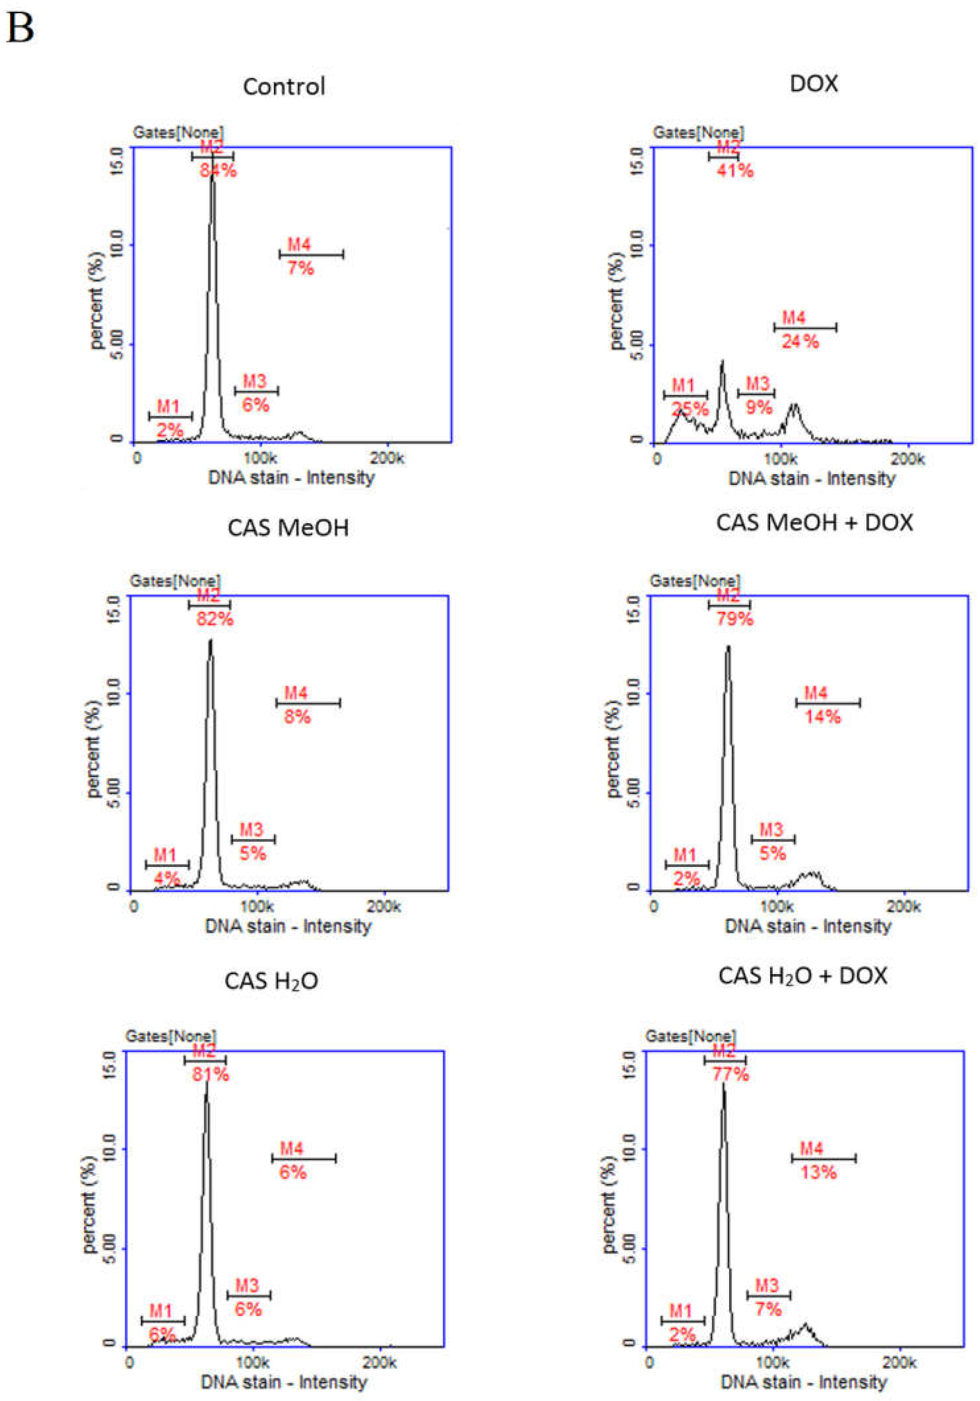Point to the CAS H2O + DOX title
tap(802, 976)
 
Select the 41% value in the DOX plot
tap(735, 170)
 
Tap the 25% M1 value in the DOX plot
tap(690, 408)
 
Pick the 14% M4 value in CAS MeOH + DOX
tap(822, 716)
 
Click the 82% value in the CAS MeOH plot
tap(215, 619)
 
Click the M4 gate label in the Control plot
tap(299, 245)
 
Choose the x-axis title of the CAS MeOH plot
tap(288, 926)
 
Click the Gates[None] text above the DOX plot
tap(698, 132)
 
